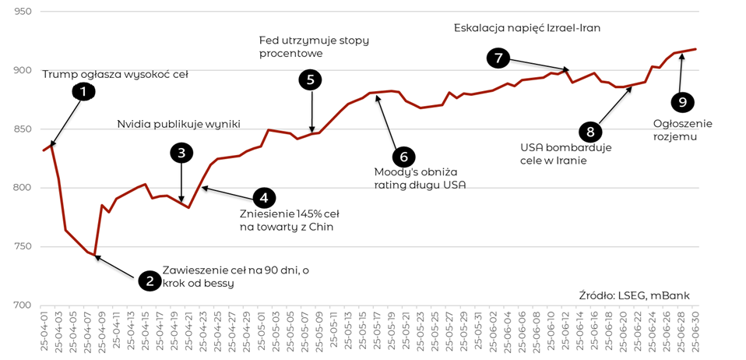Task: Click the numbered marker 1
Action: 83,91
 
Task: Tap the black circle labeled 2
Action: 150,280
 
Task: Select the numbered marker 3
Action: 181,153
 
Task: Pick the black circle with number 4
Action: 264,198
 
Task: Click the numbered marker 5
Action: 311,79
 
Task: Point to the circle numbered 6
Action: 403,157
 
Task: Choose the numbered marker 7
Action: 498,57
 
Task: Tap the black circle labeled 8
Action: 590,131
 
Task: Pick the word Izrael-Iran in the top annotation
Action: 572,28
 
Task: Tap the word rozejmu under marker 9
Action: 674,136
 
